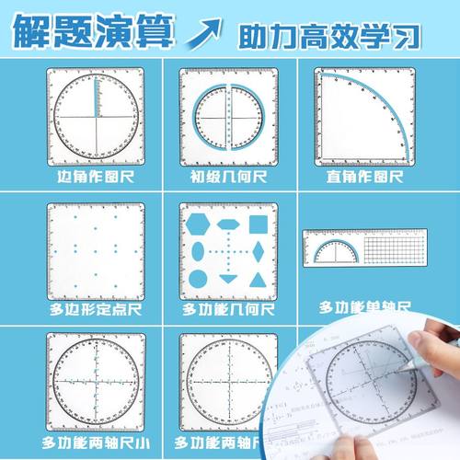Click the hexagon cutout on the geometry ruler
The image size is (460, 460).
pos(198,224)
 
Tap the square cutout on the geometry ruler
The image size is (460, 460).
pos(259,224)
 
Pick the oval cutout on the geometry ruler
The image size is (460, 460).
pos(198,251)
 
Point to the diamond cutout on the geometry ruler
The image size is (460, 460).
pos(259,251)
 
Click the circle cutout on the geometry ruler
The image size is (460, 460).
pos(198,279)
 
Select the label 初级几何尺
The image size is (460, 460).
pos(227,175)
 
